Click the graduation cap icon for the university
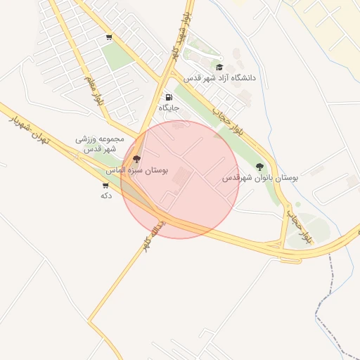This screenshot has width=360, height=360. point(219,67)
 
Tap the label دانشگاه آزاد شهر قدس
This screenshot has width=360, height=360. point(220,78)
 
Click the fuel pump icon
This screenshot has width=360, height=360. point(168,97)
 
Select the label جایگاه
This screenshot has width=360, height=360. point(169,108)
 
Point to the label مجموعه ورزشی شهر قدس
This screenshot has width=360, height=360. point(100,144)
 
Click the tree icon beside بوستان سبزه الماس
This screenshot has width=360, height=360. point(136,159)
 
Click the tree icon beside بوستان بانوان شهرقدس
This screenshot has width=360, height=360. point(259,167)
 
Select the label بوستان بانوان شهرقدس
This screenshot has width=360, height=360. point(260,178)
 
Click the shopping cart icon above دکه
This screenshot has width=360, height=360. point(105,186)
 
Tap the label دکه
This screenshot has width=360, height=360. point(106,195)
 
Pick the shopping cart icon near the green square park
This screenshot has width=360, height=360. point(109,37)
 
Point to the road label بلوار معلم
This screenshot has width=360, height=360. point(94,91)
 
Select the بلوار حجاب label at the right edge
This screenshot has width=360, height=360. point(296,226)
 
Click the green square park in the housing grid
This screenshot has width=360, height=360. point(117,56)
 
